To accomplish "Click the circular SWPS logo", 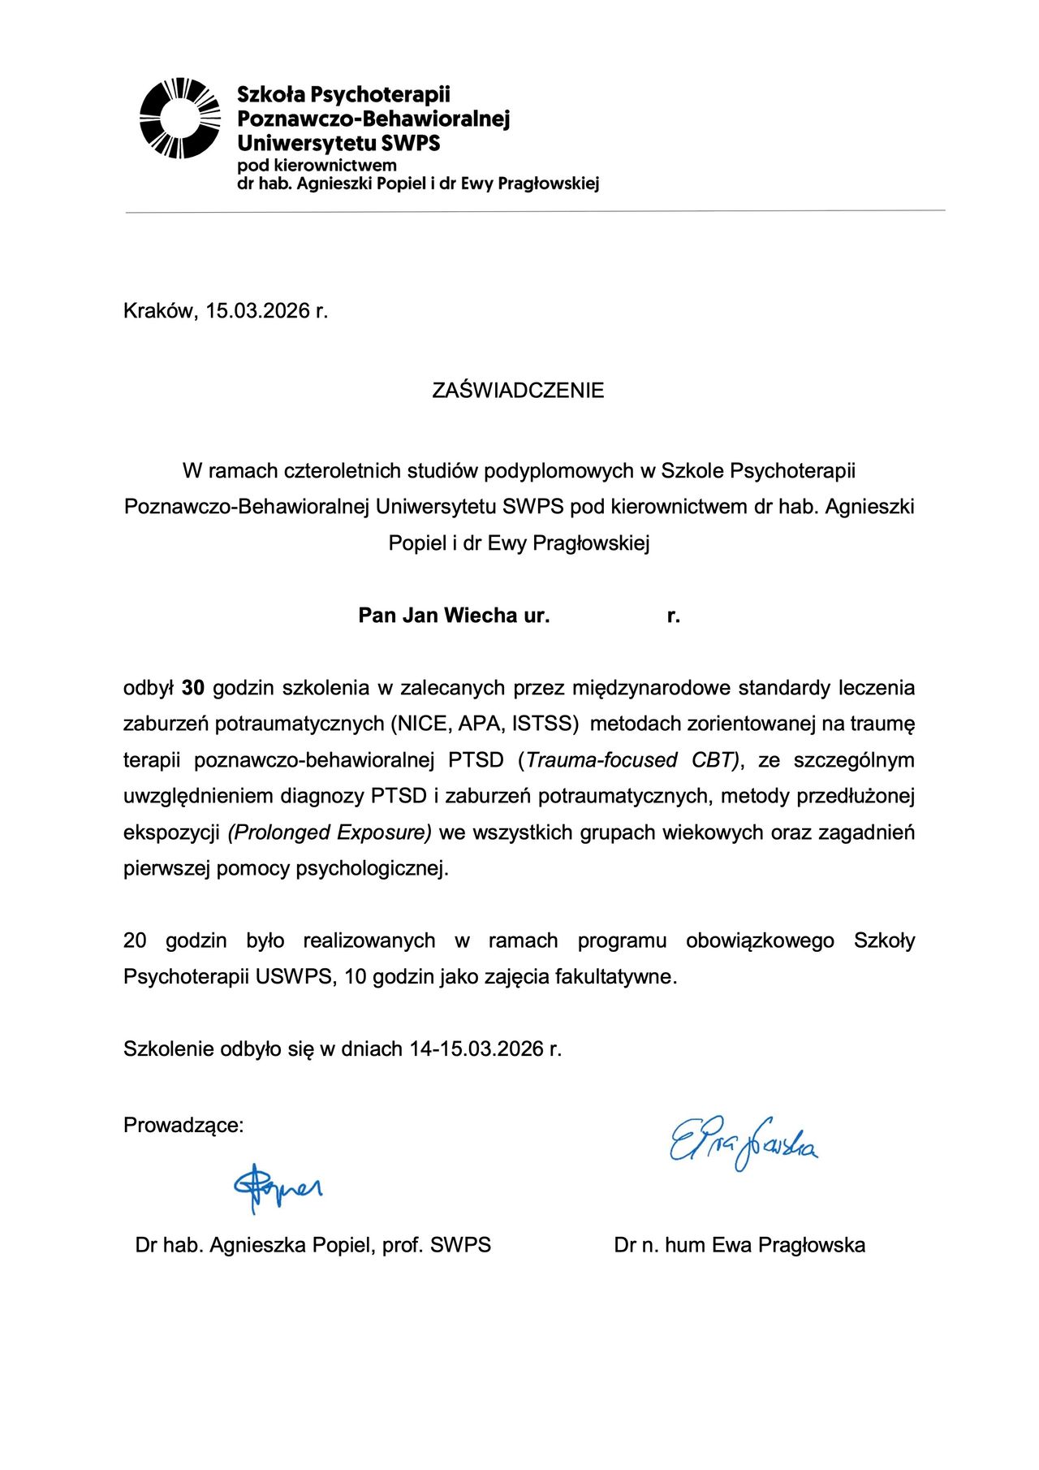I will (x=179, y=118).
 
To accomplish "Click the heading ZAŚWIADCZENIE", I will (x=518, y=391).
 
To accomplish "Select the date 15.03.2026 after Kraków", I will (x=257, y=311).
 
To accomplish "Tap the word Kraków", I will (x=159, y=311).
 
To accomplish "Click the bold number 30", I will (x=193, y=688).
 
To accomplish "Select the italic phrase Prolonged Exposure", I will (x=330, y=832).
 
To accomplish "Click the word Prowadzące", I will (x=183, y=1126).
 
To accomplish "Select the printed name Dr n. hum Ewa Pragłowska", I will (x=739, y=1245).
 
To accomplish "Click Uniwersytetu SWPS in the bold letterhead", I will (x=338, y=144).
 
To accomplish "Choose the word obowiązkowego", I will (x=760, y=940).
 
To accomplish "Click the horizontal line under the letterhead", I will (x=536, y=211).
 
